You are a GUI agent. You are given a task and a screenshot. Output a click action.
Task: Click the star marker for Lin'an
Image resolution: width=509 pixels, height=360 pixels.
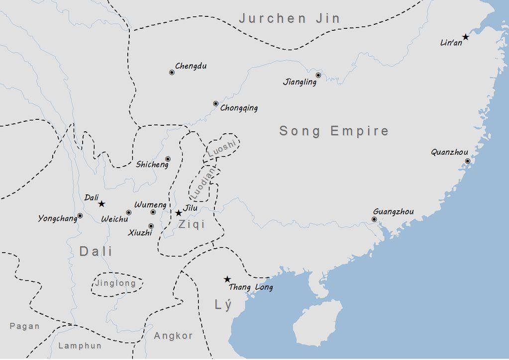(466, 37)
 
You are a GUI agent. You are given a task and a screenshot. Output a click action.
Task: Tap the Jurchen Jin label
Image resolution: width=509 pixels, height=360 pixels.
(290, 19)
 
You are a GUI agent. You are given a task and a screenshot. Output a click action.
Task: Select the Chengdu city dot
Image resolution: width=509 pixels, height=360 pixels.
(172, 72)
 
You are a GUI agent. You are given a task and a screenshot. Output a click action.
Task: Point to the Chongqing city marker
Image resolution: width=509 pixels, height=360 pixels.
(215, 103)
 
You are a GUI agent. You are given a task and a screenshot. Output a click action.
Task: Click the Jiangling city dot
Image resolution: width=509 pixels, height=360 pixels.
(318, 76)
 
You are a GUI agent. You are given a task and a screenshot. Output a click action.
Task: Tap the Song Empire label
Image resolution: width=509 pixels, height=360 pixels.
(334, 131)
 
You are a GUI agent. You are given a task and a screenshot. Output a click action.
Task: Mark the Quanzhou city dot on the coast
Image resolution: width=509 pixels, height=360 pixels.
(467, 161)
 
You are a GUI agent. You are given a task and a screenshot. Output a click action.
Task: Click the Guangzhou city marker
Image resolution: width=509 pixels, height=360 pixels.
(374, 219)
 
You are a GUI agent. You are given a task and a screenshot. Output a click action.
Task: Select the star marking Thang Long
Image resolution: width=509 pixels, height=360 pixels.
(227, 279)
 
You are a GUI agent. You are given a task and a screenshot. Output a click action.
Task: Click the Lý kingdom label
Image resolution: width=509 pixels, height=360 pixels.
(223, 305)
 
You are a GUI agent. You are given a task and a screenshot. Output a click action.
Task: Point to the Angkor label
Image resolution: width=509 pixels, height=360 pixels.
(173, 336)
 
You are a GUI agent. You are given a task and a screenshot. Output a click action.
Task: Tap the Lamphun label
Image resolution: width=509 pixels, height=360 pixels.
(80, 346)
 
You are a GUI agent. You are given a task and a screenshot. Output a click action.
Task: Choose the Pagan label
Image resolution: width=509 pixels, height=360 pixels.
(24, 326)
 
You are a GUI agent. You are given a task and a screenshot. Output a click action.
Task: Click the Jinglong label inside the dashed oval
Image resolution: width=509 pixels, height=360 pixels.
(115, 283)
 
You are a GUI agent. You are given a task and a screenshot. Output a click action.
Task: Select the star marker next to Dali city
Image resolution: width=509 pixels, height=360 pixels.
(102, 204)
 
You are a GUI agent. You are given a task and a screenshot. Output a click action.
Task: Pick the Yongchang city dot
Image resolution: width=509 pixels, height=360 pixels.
(80, 216)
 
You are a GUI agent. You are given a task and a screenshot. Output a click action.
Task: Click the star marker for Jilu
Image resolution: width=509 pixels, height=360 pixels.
(179, 213)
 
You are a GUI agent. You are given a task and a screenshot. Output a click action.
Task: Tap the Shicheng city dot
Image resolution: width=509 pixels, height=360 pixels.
(168, 159)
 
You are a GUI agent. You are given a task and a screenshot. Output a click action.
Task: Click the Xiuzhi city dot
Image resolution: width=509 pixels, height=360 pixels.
(151, 226)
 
